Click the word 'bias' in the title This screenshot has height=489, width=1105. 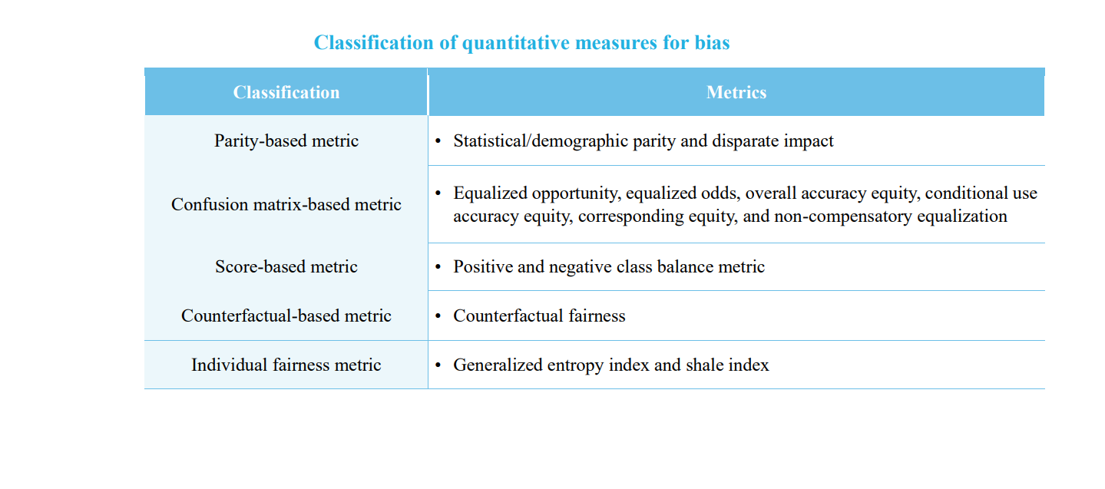click(712, 42)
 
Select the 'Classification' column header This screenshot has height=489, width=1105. click(286, 92)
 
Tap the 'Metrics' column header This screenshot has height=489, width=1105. click(736, 92)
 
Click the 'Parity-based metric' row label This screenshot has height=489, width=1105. click(286, 141)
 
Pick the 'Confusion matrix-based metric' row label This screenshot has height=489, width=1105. click(286, 204)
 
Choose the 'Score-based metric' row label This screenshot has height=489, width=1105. click(286, 266)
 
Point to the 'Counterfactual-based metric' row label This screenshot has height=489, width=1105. click(286, 316)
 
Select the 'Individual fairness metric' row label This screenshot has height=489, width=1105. click(286, 365)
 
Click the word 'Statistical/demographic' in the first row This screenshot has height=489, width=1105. click(540, 141)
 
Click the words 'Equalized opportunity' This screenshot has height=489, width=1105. click(535, 193)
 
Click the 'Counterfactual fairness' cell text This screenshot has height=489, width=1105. click(539, 316)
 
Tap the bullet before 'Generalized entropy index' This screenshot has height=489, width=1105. click(438, 365)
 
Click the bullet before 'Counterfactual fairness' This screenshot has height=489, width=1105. click(438, 316)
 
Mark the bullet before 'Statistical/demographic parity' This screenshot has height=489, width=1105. click(438, 141)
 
